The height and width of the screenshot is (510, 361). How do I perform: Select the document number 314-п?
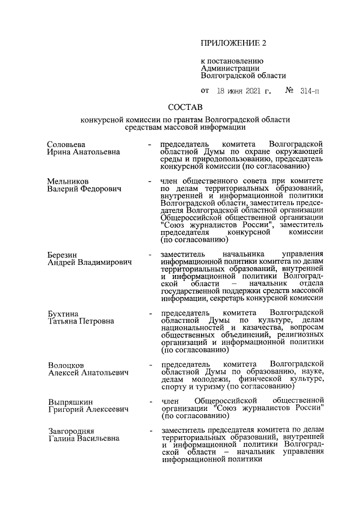[310, 90]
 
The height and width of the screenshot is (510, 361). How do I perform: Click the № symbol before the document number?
[291, 90]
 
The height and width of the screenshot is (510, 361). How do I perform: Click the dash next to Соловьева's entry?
[149, 145]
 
